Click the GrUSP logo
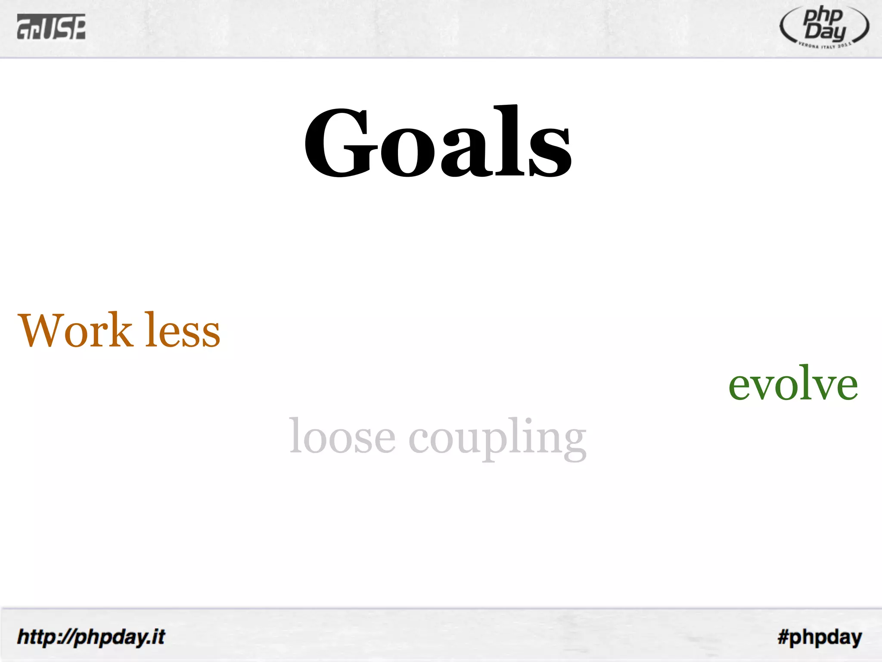pos(51,27)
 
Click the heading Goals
pos(438,142)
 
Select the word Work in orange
pos(75,330)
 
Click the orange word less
pos(182,330)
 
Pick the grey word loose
pos(342,436)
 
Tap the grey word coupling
pos(497,438)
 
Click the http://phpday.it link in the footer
pos(91,637)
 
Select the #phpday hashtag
pos(820,637)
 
